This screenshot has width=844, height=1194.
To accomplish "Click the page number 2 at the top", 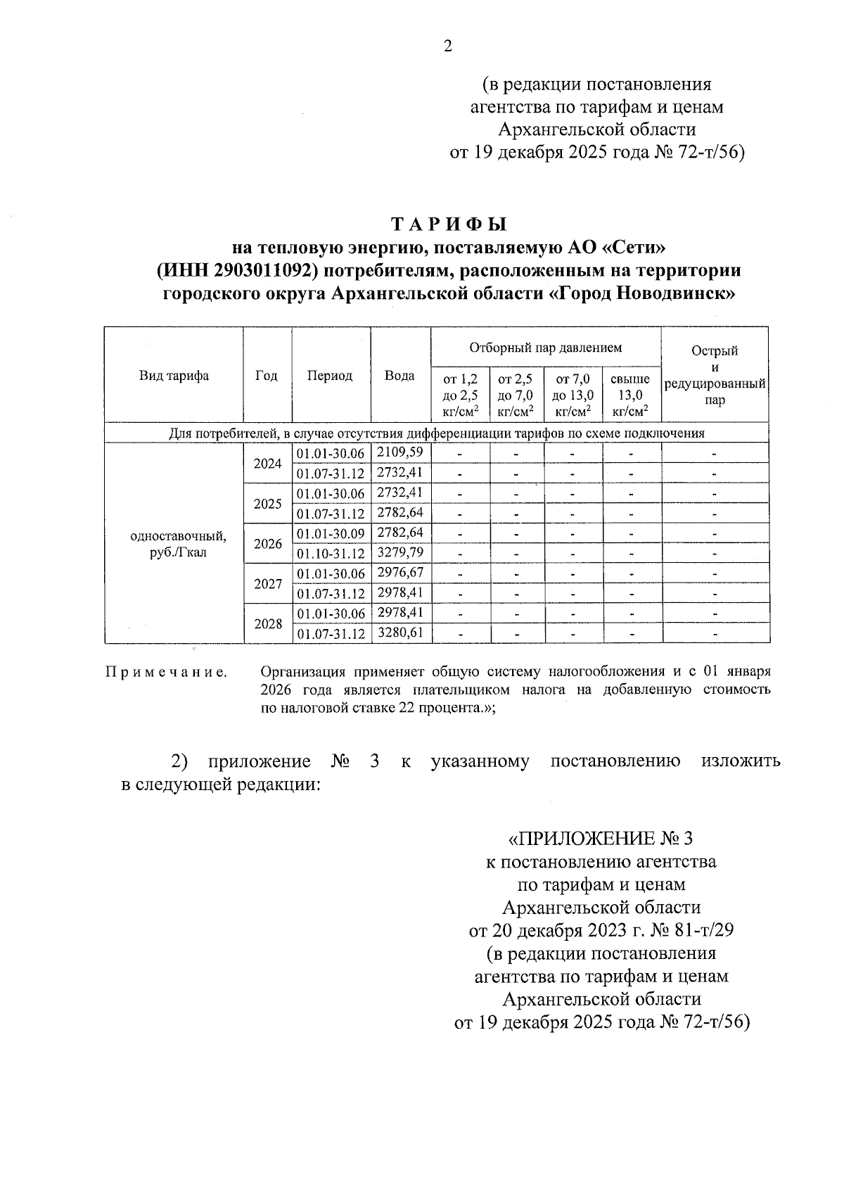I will point(447,47).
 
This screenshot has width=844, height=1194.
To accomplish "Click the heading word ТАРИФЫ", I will point(449,224).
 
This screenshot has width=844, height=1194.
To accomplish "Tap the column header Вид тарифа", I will point(174,376).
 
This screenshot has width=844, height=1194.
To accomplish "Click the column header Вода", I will point(399,376).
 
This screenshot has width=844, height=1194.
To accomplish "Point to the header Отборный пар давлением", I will point(545,348).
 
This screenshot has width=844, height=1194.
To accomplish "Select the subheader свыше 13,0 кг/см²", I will point(630,395).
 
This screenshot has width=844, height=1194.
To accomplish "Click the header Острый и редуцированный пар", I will point(715,376).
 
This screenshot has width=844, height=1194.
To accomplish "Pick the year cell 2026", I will point(267,544).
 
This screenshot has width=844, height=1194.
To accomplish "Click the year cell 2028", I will point(267,624).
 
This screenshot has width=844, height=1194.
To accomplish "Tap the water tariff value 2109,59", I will point(400,452).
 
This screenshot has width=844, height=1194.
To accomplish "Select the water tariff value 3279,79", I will point(400,552).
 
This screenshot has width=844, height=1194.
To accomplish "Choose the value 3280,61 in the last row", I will point(400,633).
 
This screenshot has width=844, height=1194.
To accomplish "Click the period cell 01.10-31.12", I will point(331,554).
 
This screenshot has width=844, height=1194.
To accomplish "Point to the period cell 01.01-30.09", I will point(331,533).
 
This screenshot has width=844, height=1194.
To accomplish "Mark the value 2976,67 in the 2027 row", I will point(400,573).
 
